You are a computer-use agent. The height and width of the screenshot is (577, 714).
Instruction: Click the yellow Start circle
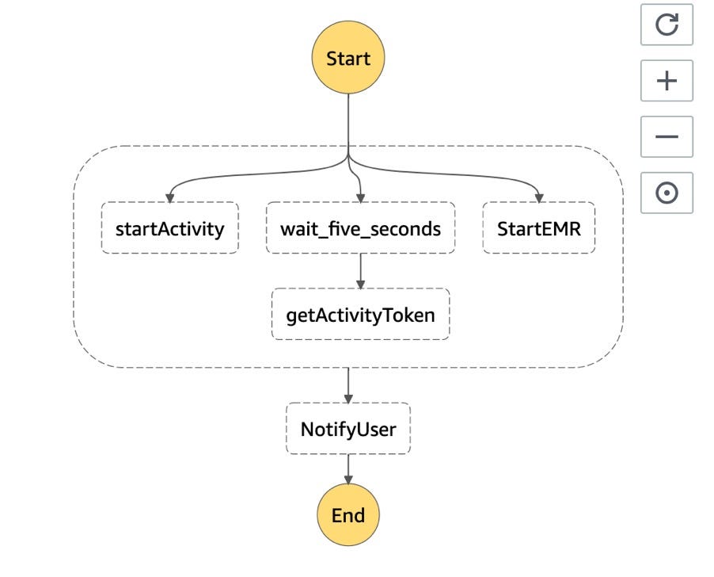click(348, 59)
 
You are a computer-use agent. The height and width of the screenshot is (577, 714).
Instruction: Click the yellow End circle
click(348, 515)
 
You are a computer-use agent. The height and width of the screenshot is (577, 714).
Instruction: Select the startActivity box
click(169, 229)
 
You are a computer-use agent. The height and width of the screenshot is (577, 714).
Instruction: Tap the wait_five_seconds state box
click(360, 229)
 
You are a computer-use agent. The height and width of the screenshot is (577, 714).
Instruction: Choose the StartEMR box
click(538, 229)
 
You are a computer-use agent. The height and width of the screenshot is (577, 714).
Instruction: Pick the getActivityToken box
click(360, 315)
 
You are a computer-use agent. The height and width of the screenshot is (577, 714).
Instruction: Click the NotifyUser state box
click(348, 430)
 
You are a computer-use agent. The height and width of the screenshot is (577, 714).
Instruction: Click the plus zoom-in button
click(667, 81)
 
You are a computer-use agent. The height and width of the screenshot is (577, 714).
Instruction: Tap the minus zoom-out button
click(667, 136)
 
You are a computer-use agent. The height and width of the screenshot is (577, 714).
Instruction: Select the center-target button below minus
click(667, 193)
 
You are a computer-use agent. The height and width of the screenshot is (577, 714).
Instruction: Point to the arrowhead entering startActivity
click(169, 198)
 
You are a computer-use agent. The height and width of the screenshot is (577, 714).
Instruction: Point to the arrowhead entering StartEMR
click(538, 198)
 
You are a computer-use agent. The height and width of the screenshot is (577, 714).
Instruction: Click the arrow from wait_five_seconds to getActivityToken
click(360, 270)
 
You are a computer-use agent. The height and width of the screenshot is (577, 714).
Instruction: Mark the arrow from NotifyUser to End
click(348, 468)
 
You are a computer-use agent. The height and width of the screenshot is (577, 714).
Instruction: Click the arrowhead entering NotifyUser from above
click(348, 399)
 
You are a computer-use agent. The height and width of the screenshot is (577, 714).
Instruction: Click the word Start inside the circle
click(348, 59)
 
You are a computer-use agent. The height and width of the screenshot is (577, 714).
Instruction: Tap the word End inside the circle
click(348, 515)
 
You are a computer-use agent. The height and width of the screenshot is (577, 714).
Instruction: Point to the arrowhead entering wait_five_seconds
click(360, 198)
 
